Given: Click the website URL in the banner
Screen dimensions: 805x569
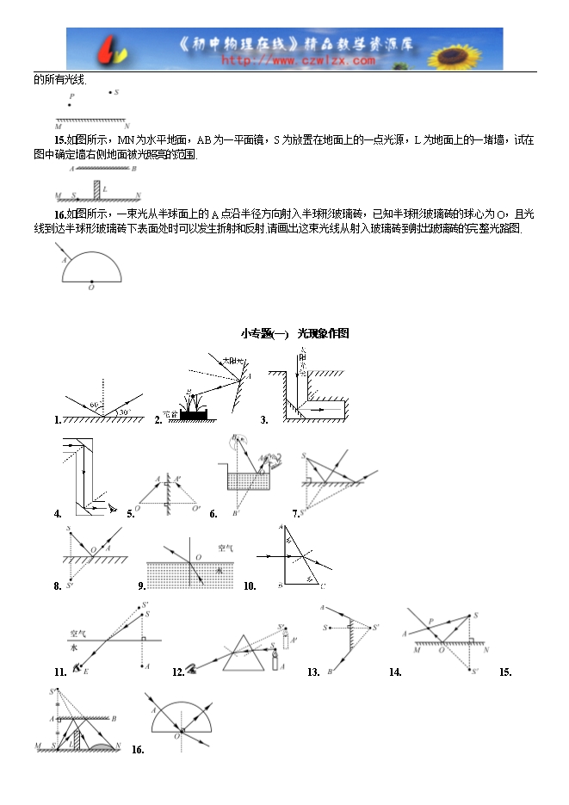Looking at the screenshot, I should [x=299, y=61].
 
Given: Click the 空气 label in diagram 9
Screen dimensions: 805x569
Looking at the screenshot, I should [x=226, y=547].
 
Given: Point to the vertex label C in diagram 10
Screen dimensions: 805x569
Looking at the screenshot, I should [x=323, y=586].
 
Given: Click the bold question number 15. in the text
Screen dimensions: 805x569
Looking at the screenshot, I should [x=59, y=139].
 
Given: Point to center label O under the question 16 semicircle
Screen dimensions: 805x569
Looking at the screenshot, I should [x=90, y=288].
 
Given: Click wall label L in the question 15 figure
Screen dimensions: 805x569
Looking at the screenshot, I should [x=105, y=187].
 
